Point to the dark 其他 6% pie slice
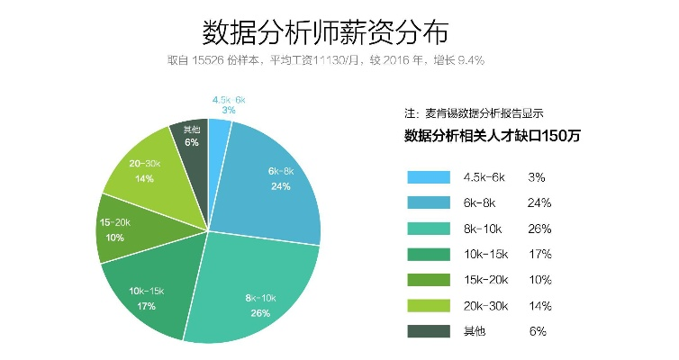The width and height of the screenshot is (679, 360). click(x=191, y=139)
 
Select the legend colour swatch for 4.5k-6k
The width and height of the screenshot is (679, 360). click(x=429, y=177)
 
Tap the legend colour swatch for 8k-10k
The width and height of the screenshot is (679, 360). click(x=429, y=229)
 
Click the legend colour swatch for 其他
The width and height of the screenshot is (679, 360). click(x=429, y=331)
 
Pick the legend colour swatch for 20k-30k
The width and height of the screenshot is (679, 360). click(x=429, y=305)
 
